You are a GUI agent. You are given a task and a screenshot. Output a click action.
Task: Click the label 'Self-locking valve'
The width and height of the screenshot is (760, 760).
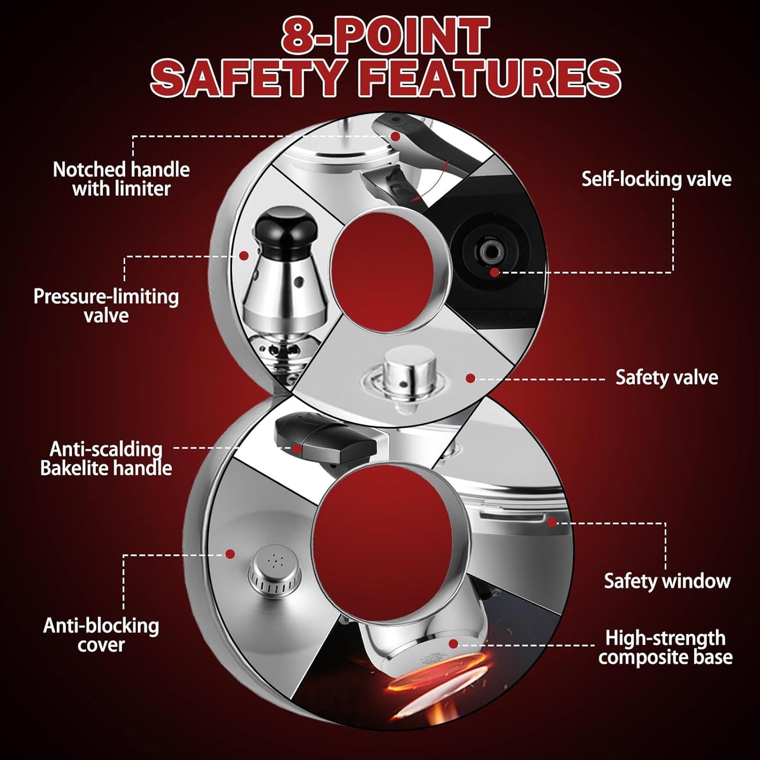click(656, 179)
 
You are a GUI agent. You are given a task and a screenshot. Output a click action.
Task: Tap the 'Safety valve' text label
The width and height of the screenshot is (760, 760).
click(666, 378)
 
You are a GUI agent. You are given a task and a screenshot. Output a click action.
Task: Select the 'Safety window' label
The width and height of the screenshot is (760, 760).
click(667, 581)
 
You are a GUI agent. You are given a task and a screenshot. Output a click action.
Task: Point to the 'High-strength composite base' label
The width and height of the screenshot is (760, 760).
click(665, 647)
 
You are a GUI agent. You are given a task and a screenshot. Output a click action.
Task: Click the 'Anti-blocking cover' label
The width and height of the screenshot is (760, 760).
click(101, 635)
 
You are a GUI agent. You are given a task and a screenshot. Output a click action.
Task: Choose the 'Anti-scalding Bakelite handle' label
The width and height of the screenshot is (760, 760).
click(106, 459)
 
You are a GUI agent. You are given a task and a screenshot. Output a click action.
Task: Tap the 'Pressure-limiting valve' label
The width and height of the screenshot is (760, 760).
click(106, 306)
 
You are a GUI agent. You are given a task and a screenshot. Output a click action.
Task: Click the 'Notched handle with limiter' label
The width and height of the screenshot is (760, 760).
click(121, 179)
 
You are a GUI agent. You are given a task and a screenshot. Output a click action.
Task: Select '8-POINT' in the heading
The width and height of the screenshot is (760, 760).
click(384, 36)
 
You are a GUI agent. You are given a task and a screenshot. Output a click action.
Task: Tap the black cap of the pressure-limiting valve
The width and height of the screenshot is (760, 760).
click(278, 230)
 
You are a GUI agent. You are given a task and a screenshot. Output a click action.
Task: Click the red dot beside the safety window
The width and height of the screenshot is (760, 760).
click(551, 522)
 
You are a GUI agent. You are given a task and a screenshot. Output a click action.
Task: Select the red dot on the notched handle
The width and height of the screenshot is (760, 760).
click(396, 137)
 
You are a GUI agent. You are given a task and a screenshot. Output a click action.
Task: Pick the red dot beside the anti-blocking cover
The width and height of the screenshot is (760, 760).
click(230, 554)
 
